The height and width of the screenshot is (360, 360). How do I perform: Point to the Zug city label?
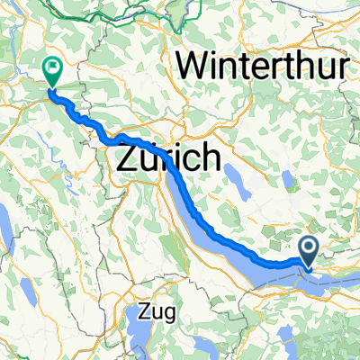[x=159, y=313]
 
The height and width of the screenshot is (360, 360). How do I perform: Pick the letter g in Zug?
[x=173, y=316]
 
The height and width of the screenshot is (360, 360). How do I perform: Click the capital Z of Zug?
[x=147, y=313]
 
